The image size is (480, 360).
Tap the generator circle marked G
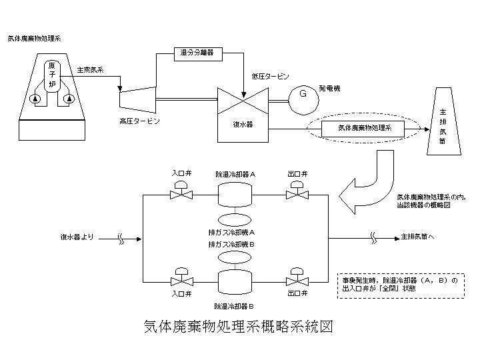pyautogui.click(x=302, y=95)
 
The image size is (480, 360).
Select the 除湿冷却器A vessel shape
pyautogui.click(x=238, y=194)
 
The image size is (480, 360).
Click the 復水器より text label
pyautogui.click(x=79, y=237)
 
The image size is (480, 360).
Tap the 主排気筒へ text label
pyautogui.click(x=419, y=237)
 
